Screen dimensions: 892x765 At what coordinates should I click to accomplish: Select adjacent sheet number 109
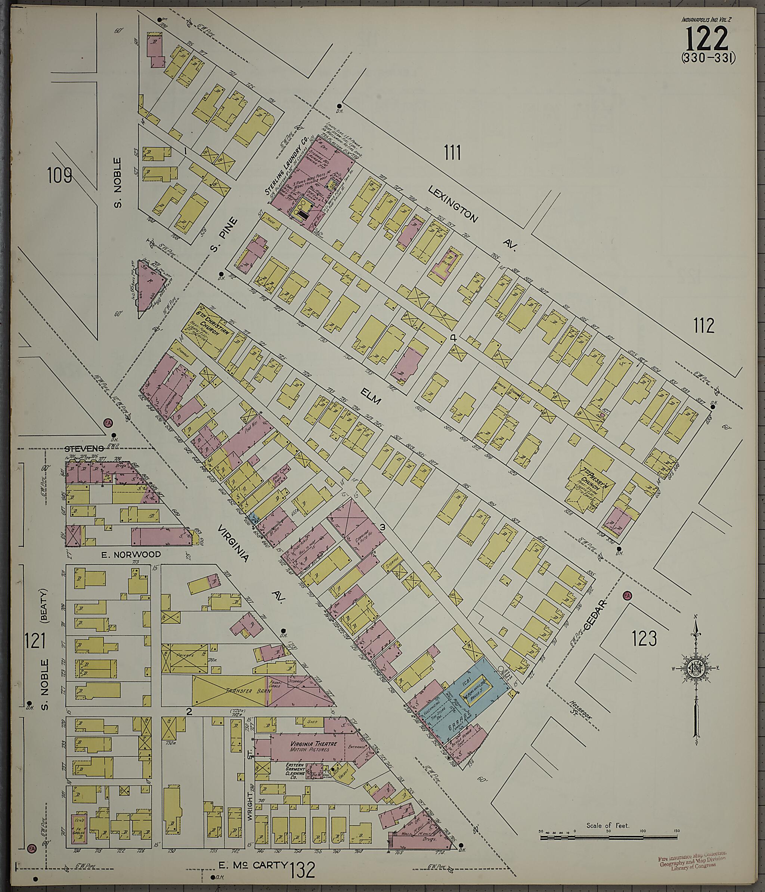[x=59, y=175]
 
